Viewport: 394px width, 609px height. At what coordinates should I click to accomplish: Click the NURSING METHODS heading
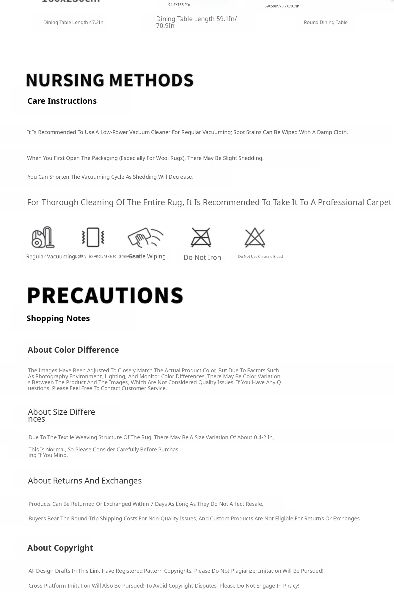[110, 80]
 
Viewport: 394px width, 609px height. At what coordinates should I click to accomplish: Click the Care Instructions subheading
[62, 101]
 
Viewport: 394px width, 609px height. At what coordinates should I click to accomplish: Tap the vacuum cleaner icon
[43, 237]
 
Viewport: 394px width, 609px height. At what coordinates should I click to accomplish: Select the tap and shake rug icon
[93, 237]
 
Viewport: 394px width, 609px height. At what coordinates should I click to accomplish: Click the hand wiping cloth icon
[145, 237]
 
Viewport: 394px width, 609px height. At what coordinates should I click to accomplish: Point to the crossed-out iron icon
[201, 237]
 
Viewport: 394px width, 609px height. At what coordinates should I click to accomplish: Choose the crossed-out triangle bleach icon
[255, 237]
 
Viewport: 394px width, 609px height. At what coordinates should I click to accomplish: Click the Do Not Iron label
[202, 258]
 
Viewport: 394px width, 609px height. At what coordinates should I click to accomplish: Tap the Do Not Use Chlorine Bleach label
[261, 257]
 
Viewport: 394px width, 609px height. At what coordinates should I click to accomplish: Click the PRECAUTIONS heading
[105, 295]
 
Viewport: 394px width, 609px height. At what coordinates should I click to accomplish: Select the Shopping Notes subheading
[58, 318]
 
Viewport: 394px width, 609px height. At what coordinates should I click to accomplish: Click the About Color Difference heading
[73, 350]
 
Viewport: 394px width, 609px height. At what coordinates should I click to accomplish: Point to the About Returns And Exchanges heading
[85, 481]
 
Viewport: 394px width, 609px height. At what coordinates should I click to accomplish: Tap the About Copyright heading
[60, 548]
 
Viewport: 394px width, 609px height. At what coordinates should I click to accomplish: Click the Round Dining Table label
[326, 23]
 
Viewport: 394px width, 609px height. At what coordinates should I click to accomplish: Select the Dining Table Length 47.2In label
[73, 23]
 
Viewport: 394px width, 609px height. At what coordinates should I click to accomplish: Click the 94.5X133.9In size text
[179, 5]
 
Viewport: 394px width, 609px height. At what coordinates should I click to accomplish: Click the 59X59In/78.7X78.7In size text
[282, 6]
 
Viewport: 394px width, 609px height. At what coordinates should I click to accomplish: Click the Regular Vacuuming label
[51, 257]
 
